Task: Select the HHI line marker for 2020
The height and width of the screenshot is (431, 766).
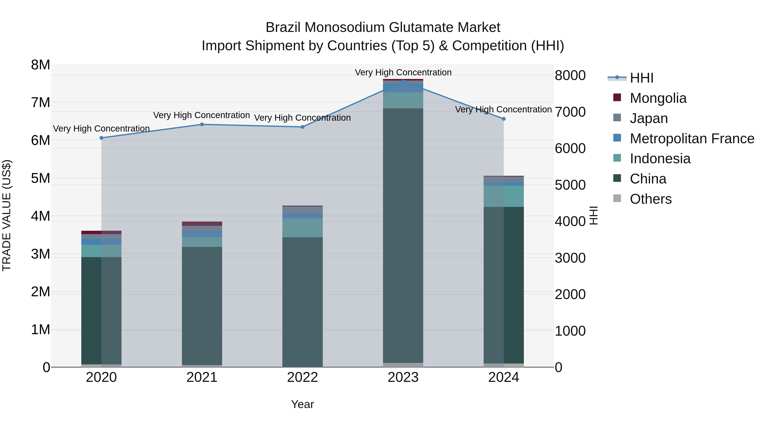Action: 101,138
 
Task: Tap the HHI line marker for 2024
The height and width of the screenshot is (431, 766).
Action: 503,119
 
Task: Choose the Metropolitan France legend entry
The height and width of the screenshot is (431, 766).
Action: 692,139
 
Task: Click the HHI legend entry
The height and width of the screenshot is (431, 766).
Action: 641,78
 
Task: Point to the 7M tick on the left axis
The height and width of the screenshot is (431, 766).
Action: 40,103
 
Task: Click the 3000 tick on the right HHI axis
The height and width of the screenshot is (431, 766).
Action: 570,258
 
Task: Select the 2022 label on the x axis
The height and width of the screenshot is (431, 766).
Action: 302,377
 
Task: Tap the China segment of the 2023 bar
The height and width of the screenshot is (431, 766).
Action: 403,235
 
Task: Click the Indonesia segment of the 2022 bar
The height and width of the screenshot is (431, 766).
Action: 302,228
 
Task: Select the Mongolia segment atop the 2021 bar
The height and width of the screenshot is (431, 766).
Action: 202,224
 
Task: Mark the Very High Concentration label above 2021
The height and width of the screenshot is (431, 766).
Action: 202,115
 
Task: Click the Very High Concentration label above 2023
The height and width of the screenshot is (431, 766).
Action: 403,72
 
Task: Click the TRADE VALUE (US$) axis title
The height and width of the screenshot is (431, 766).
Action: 7,215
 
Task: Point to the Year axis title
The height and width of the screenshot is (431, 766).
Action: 302,404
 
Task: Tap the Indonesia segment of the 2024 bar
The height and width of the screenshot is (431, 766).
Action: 503,196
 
